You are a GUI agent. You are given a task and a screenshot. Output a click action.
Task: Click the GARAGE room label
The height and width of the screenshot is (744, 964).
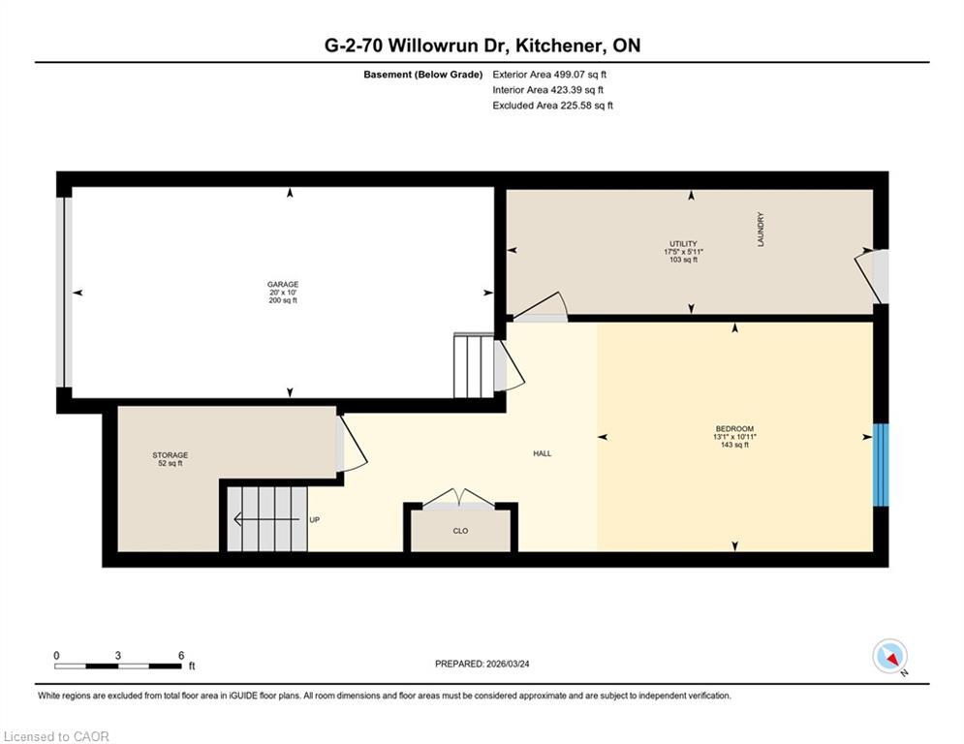(x=283, y=285)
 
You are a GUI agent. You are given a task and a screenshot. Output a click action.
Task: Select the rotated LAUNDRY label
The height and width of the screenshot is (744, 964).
(x=762, y=230)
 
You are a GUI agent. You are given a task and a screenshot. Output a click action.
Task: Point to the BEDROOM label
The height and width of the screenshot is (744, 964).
(x=734, y=429)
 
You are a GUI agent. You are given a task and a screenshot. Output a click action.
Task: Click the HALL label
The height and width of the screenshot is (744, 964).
(x=543, y=453)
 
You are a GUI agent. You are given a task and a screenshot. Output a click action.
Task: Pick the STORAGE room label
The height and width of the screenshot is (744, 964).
(x=170, y=455)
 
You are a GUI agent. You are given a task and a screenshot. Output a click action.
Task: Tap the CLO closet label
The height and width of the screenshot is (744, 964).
(x=461, y=531)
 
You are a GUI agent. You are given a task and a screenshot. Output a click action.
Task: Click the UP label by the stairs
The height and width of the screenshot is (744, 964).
(x=314, y=520)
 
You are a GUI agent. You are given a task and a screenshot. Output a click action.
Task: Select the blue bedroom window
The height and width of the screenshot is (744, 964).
(x=880, y=465)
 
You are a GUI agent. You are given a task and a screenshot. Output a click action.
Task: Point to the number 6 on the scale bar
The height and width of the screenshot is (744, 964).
(x=181, y=656)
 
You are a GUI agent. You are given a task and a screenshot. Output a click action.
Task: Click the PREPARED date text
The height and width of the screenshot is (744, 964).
(x=488, y=664)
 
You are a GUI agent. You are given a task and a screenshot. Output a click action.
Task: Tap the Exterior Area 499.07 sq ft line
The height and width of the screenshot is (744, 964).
(x=550, y=74)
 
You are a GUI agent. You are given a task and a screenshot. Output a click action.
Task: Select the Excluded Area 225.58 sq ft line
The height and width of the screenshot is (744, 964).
(x=552, y=106)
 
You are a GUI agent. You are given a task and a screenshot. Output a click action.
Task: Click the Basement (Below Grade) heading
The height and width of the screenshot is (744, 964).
(x=422, y=74)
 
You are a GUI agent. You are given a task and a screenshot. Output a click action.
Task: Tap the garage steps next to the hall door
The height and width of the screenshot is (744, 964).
(x=473, y=365)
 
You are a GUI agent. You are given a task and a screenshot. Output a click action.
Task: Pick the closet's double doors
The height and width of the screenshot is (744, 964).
(x=460, y=499)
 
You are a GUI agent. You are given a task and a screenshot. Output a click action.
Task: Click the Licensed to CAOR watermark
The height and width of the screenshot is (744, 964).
(x=56, y=736)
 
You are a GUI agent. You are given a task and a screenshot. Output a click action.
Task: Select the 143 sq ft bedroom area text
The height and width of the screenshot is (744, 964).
(x=734, y=445)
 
